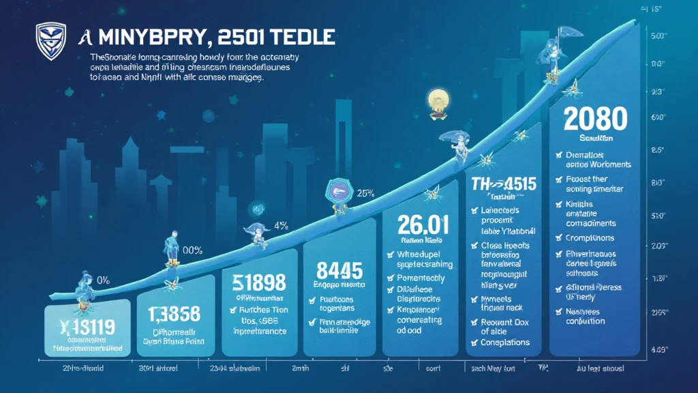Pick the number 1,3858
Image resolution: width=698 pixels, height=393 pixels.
coord(174,314)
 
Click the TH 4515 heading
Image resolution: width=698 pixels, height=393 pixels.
coord(503,184)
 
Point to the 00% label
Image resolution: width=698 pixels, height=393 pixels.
coord(192,250)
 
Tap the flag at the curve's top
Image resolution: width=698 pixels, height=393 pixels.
coord(564,32)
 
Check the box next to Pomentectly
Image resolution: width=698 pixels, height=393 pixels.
coord(391,278)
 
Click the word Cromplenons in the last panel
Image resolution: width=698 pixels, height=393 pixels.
coord(590,238)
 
